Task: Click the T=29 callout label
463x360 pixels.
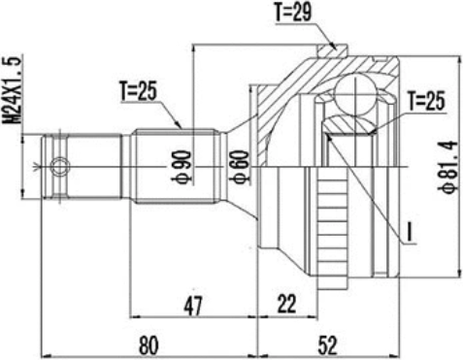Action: (293, 13)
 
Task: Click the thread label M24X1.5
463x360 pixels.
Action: (14, 89)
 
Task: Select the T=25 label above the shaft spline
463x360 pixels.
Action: (138, 91)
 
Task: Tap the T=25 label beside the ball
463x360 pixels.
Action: (426, 101)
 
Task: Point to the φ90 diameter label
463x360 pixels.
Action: (183, 167)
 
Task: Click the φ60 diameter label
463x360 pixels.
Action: (239, 166)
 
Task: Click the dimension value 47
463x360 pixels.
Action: (193, 305)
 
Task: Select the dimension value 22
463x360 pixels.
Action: (286, 304)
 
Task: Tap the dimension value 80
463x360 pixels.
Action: (149, 344)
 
